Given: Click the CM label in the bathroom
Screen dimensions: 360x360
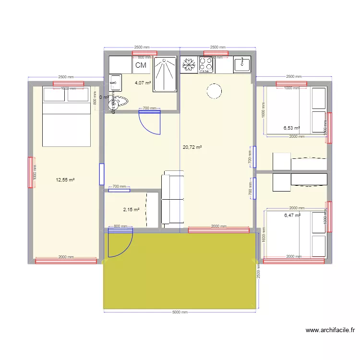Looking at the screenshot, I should (x=141, y=65).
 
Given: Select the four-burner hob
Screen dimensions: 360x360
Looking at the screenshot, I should (x=206, y=65).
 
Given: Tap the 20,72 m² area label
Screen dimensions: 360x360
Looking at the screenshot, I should (x=192, y=147).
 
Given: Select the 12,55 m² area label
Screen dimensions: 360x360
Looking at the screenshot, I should (x=65, y=180).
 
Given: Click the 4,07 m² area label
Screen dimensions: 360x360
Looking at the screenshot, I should (x=143, y=83).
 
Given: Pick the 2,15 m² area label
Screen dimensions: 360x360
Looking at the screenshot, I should (x=131, y=210).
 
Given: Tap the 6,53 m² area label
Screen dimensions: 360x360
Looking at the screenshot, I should (x=291, y=128).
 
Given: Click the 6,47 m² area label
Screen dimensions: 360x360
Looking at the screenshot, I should (x=292, y=216).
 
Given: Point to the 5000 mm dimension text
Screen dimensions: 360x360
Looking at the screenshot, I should (x=180, y=312).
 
